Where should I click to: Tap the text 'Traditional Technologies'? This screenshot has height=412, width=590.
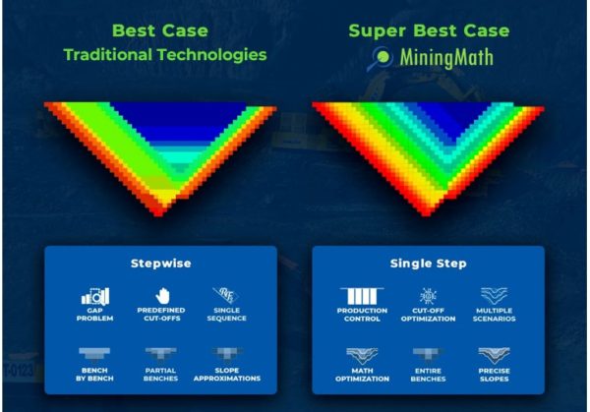pos(165,55)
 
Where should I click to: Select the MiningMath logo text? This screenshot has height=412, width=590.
pos(445,58)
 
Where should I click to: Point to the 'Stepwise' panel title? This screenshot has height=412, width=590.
pos(160,264)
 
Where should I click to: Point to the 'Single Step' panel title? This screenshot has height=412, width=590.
pos(428,264)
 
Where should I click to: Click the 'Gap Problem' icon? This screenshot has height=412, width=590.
pos(95,295)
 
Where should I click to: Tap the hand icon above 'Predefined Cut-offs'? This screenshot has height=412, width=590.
pos(162,295)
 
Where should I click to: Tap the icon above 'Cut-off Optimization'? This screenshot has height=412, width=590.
pos(429,296)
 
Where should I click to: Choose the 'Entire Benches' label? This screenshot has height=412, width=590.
pos(429,375)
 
